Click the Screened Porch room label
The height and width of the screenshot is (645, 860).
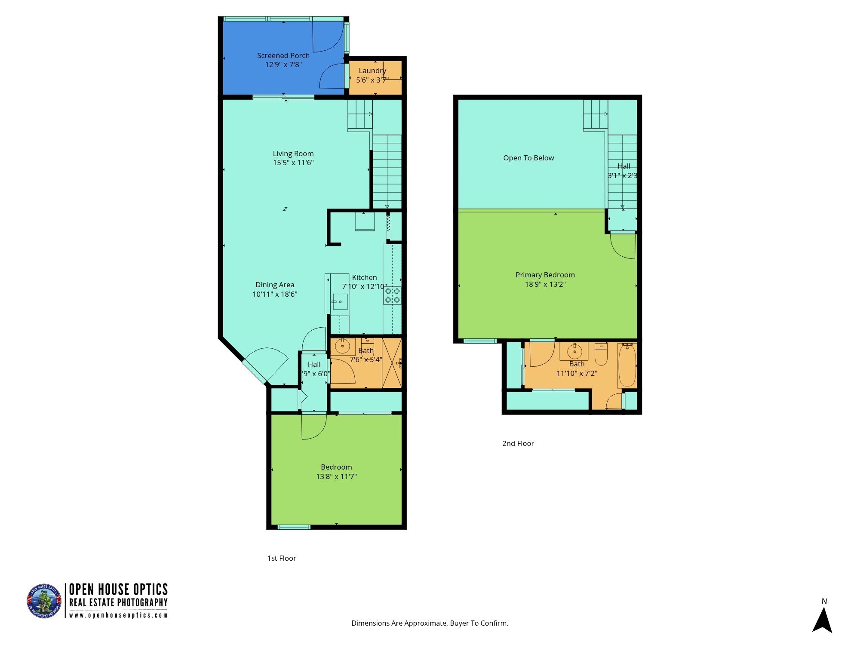click(x=283, y=55)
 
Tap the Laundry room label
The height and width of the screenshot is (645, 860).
click(x=372, y=71)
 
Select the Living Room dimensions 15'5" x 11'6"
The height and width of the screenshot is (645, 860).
click(x=293, y=163)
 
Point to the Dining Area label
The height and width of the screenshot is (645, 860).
click(x=275, y=285)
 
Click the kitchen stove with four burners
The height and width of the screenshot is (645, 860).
click(x=392, y=295)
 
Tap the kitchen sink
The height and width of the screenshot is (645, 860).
click(x=340, y=301)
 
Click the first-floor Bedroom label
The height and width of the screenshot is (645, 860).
click(x=336, y=467)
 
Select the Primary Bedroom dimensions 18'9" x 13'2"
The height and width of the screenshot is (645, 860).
click(x=545, y=284)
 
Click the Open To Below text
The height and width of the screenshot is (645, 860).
click(x=528, y=158)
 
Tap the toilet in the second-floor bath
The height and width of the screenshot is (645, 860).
click(x=601, y=354)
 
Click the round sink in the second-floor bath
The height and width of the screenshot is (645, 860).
click(x=574, y=352)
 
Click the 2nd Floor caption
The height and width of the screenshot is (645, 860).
click(x=518, y=443)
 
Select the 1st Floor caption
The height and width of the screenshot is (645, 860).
click(x=281, y=558)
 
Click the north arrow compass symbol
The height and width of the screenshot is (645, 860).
click(x=822, y=618)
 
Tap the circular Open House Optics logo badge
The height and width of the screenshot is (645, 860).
click(x=44, y=601)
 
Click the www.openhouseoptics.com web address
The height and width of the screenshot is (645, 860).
click(x=118, y=615)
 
